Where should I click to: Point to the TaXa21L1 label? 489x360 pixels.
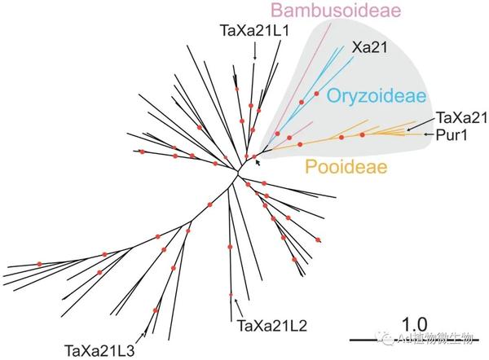tap(254, 31)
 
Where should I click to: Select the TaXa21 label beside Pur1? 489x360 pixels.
tap(462, 119)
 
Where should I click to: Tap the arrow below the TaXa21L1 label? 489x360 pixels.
tap(255, 51)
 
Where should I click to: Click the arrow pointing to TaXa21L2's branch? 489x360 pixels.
tap(237, 307)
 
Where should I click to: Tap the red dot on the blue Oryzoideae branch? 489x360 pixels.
tap(302, 101)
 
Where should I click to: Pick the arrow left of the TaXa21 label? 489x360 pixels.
tap(417, 125)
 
